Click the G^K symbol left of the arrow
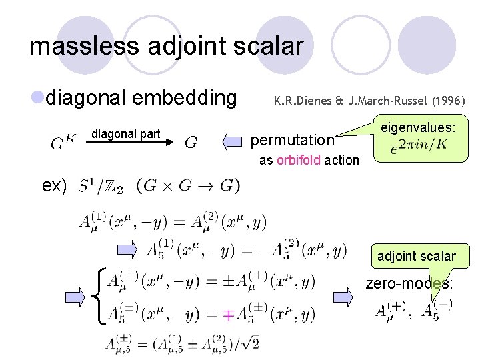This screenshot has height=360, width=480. click(x=63, y=142)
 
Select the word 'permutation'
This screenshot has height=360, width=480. click(x=291, y=140)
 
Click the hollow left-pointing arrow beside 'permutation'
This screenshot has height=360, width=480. click(x=233, y=141)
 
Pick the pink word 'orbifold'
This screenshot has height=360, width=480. click(x=299, y=160)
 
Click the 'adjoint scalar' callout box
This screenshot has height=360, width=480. click(x=416, y=256)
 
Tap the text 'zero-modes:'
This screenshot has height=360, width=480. click(x=409, y=284)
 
